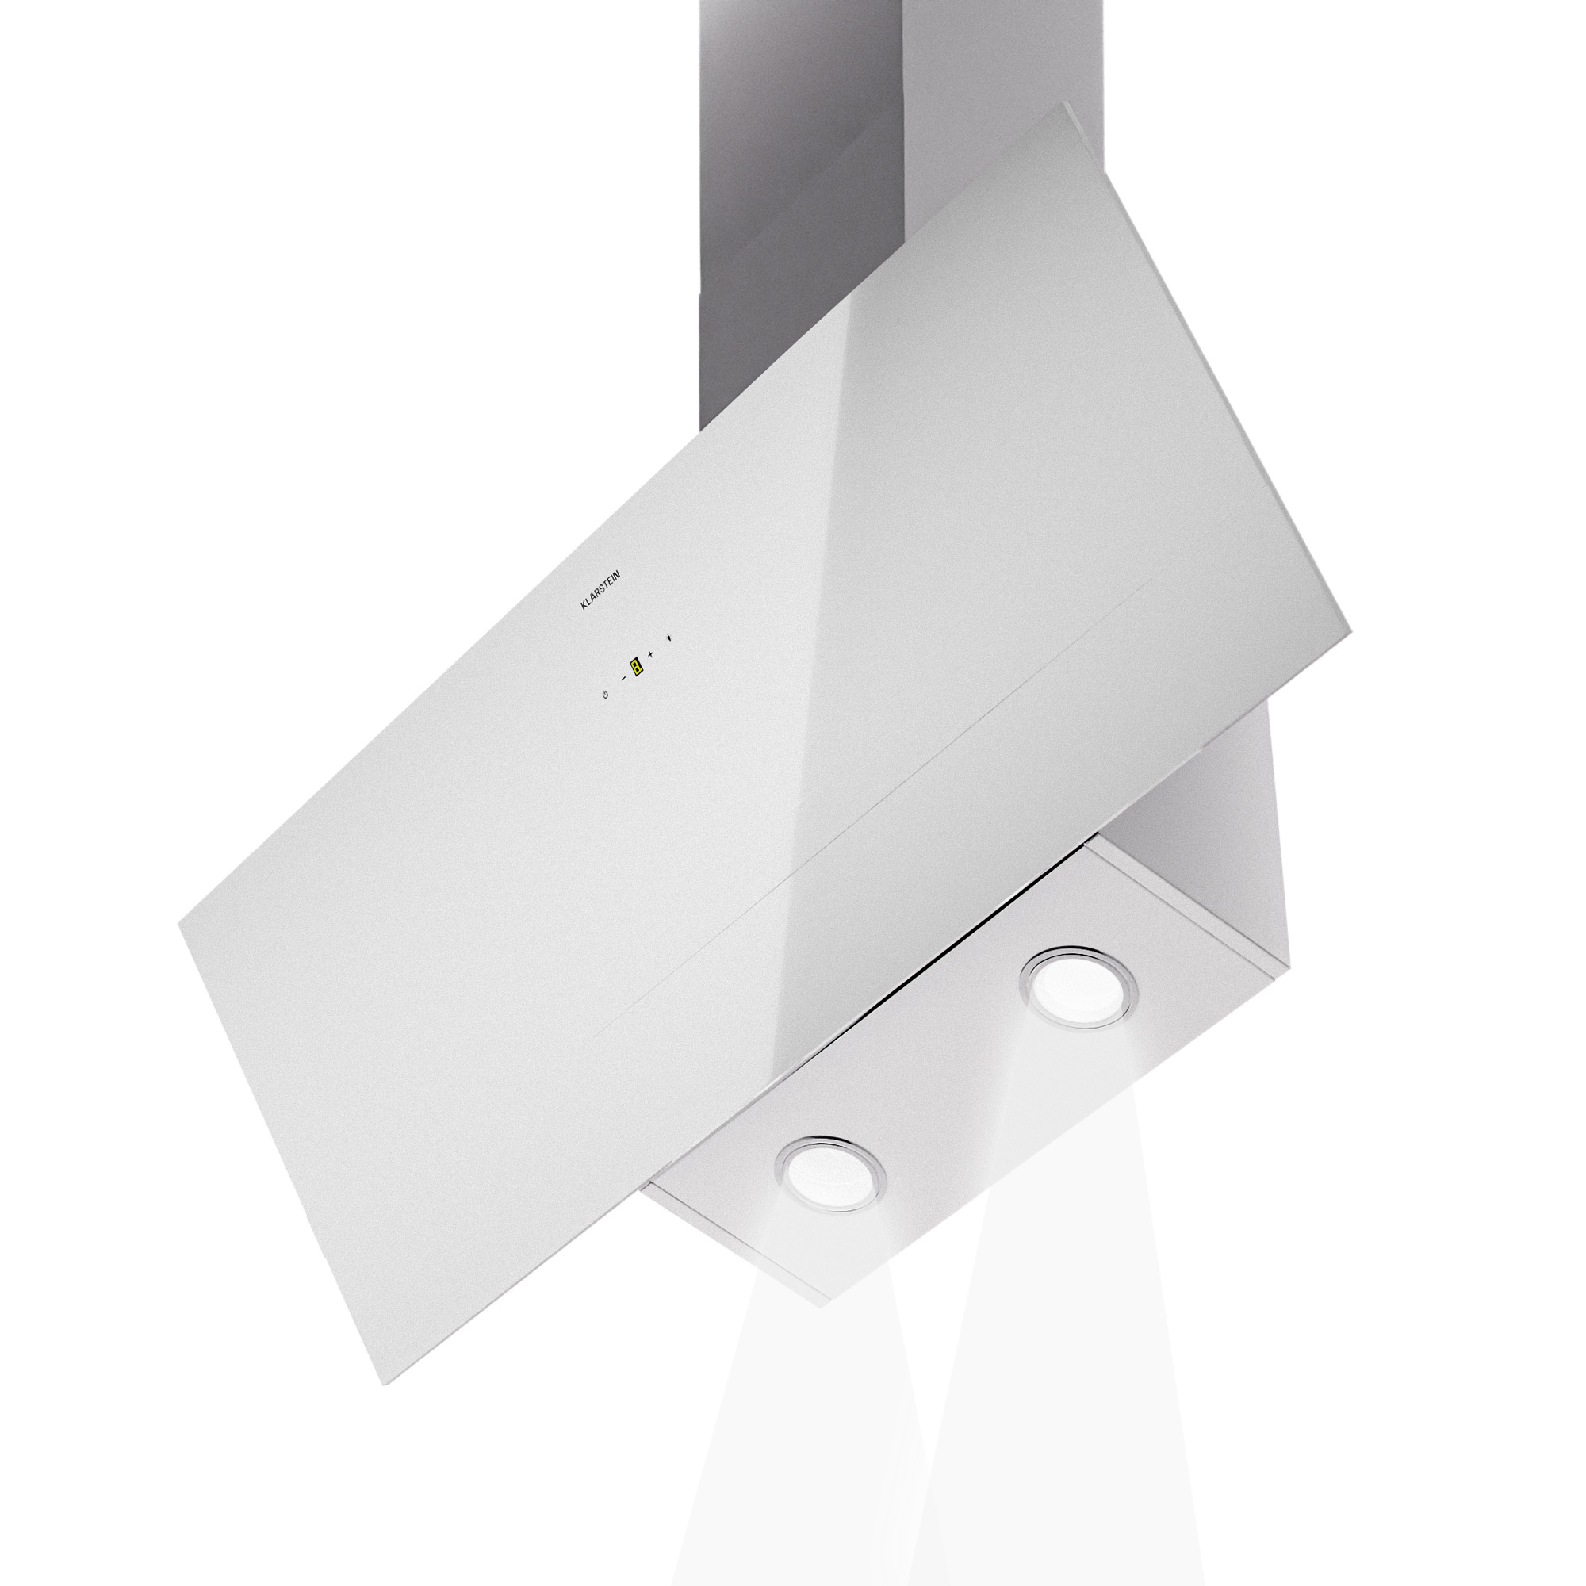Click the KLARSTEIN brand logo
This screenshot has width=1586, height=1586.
click(x=600, y=590)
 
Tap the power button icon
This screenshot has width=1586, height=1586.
click(x=605, y=695)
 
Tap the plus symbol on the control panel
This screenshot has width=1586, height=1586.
click(x=650, y=653)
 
